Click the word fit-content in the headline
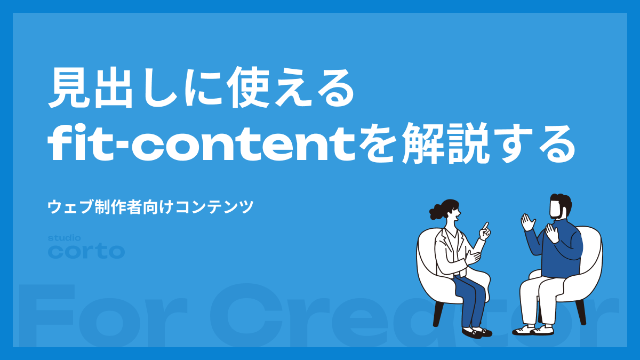(202, 142)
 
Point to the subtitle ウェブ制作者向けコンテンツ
(150, 206)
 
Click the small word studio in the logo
(65, 238)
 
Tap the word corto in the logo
(86, 251)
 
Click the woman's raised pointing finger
(485, 227)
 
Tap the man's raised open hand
(527, 222)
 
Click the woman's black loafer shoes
(477, 332)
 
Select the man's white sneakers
(533, 330)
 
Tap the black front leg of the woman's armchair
(438, 314)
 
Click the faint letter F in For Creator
(47, 314)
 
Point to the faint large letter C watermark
(246, 315)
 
